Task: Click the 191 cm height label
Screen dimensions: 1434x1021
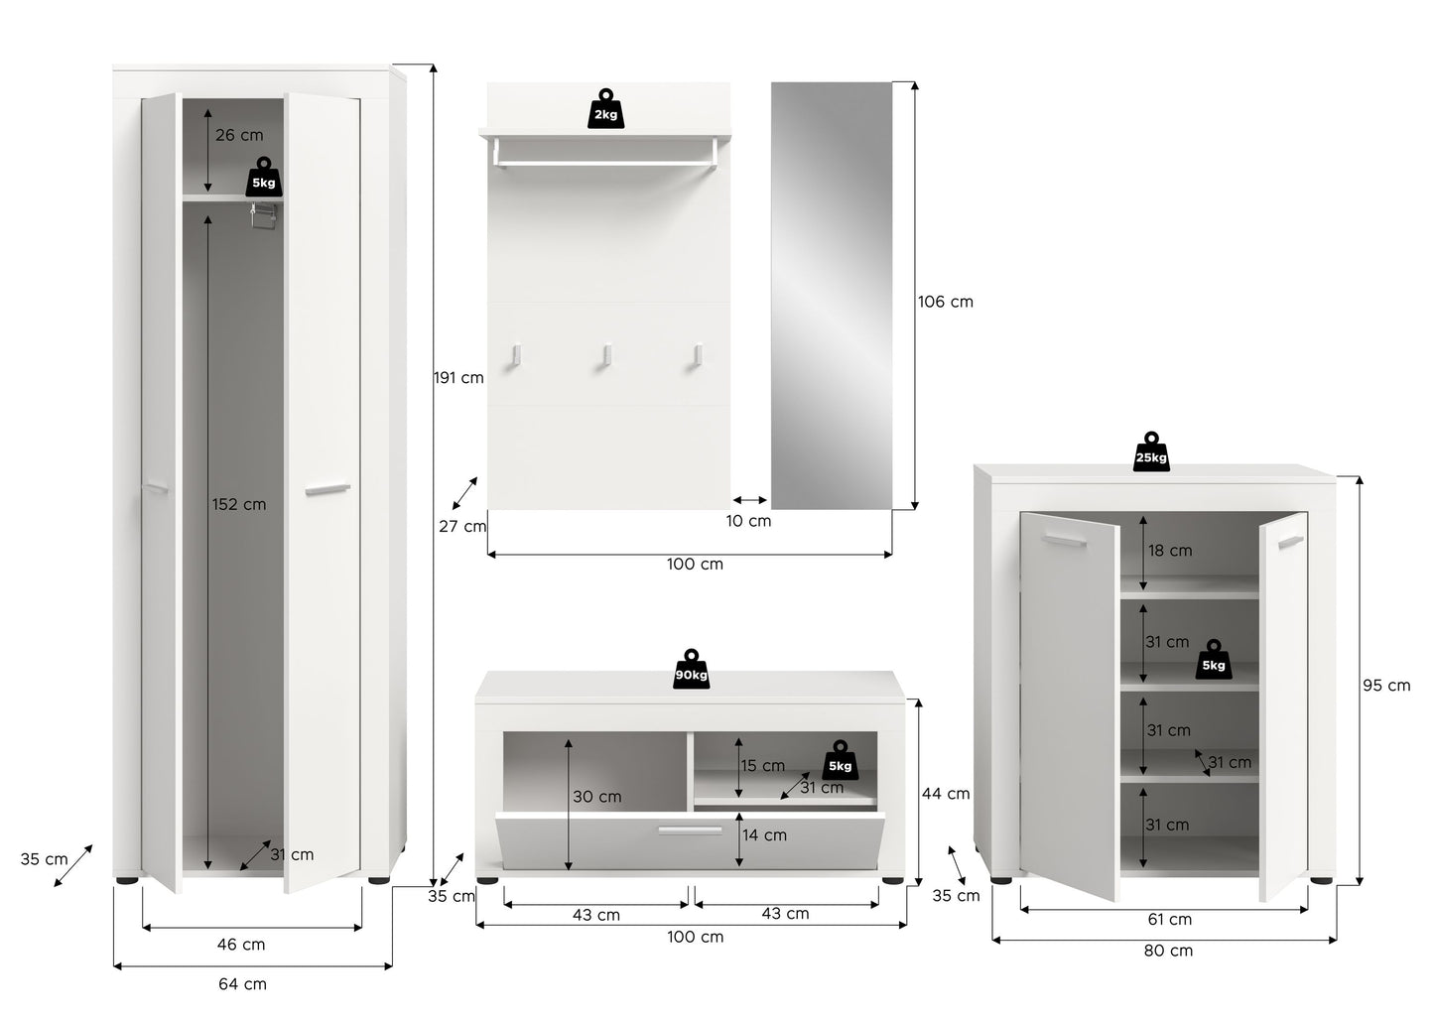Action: pos(459,378)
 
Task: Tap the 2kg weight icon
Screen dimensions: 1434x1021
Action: pos(605,109)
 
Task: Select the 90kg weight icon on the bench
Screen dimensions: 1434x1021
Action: pos(692,669)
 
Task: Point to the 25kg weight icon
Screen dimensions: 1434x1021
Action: pos(1151,451)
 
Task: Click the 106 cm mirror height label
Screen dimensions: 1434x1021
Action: pos(946,302)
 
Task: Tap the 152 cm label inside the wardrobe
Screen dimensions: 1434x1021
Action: pos(239,504)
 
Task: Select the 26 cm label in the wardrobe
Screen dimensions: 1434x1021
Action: pos(239,135)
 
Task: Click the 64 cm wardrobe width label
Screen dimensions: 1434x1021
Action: pos(242,984)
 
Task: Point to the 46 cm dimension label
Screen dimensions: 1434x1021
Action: pos(241,945)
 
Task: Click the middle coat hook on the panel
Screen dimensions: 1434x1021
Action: pos(605,356)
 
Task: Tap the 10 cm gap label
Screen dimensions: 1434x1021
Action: pos(748,521)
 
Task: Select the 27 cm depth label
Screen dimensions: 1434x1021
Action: pos(462,526)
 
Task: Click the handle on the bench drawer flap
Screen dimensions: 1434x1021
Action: pos(690,830)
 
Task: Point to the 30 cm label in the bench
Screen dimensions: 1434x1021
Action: pos(597,797)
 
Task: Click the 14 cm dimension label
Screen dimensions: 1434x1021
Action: pos(764,834)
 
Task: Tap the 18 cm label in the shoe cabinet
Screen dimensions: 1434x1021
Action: pos(1170,551)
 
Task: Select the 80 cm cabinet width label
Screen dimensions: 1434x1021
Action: pos(1168,951)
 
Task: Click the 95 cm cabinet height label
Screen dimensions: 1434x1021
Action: pos(1386,686)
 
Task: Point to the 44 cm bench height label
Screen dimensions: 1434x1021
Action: pos(946,794)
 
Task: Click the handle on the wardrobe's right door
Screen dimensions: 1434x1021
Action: pos(327,490)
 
